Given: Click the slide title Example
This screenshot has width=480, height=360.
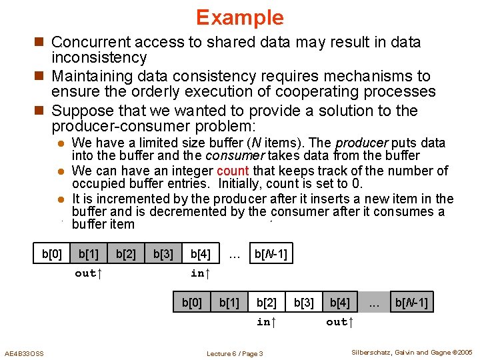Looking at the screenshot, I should (239, 17).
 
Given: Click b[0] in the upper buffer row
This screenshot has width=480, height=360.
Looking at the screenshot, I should (52, 254).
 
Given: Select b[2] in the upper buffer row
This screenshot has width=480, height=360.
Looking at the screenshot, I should (126, 254).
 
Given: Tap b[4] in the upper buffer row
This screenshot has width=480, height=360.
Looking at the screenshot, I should (200, 254).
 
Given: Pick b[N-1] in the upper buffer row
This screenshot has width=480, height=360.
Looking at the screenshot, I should (270, 254).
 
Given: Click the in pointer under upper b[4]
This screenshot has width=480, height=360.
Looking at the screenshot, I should (200, 273).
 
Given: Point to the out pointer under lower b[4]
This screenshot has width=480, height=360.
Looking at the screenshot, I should (339, 322).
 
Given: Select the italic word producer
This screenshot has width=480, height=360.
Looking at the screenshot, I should (361, 143).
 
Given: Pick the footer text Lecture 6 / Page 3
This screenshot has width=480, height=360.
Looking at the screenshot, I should (235, 353).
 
